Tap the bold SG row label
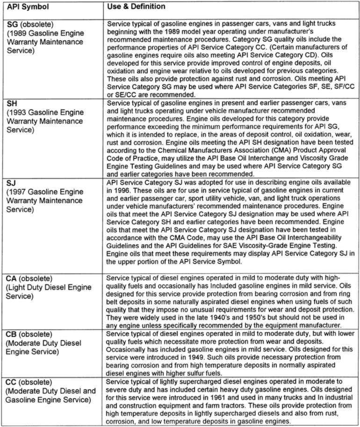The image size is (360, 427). pos(13,24)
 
